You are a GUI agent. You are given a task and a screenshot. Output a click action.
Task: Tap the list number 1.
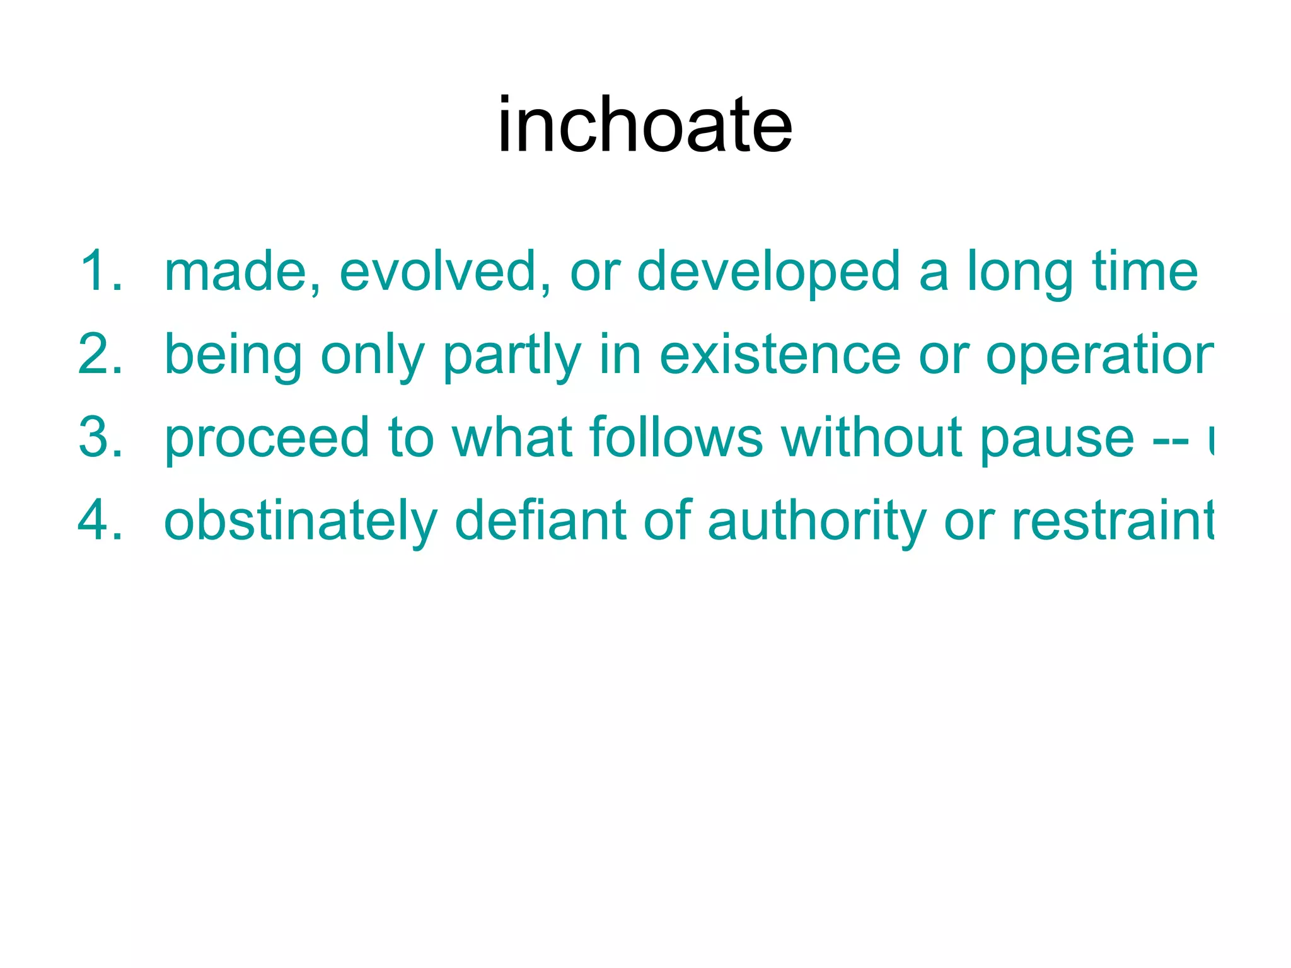pos(101,271)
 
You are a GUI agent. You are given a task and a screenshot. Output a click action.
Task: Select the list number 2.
pos(101,355)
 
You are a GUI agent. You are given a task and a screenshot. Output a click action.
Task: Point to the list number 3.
pos(101,438)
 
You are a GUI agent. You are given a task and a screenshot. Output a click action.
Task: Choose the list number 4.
pos(101,521)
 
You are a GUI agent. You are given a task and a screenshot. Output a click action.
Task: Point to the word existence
pos(780,355)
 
